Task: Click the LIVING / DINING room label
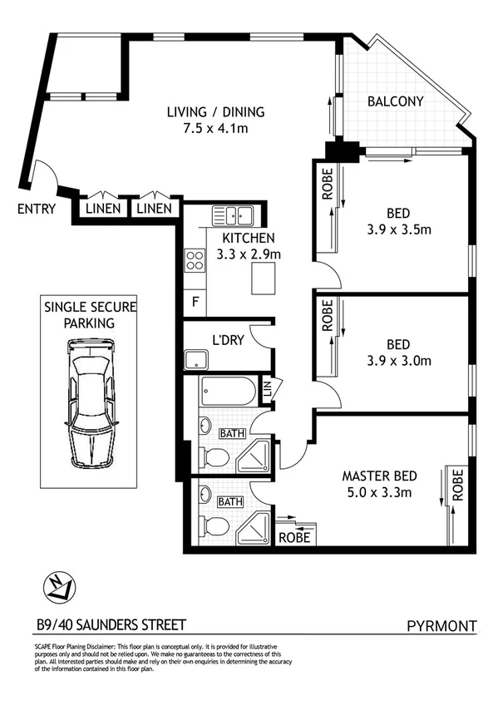(x=215, y=111)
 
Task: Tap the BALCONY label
(x=395, y=102)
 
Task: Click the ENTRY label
(x=36, y=209)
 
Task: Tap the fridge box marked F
(x=195, y=301)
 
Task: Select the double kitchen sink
(x=232, y=215)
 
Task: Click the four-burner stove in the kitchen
(x=195, y=261)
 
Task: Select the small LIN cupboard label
(x=268, y=388)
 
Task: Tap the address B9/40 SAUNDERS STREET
(x=111, y=624)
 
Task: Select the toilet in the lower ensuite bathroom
(x=214, y=526)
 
